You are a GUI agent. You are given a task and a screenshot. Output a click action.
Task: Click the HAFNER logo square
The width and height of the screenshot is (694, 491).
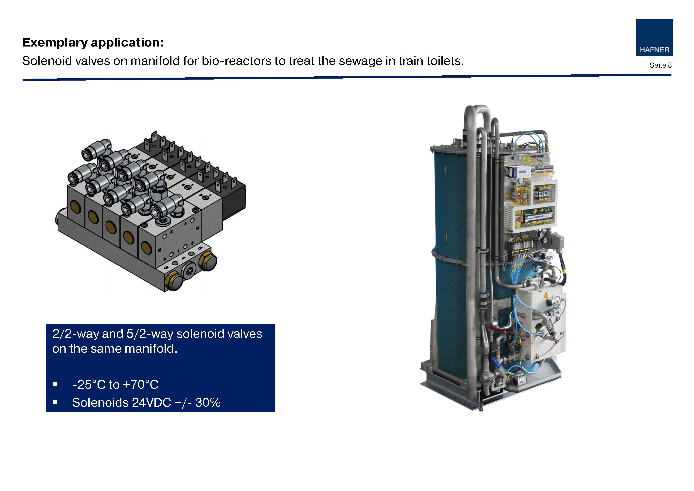pos(654,38)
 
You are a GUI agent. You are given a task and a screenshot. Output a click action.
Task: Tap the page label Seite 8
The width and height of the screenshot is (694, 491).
pos(660,65)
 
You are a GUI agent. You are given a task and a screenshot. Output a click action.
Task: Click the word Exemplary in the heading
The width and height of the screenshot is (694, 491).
pos(55,43)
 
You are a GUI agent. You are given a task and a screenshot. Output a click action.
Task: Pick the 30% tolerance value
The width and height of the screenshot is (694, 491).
pos(208,403)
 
